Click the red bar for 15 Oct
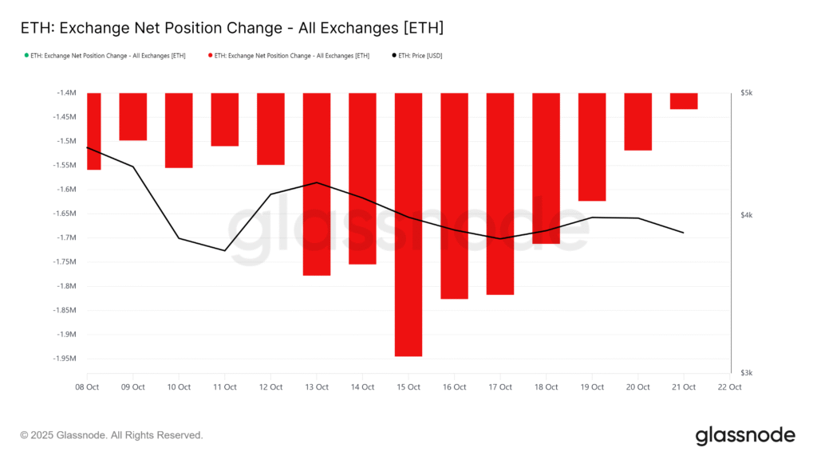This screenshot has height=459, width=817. tap(408, 224)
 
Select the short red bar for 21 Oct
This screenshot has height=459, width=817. tap(684, 101)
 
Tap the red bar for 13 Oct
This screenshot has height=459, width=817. tap(317, 184)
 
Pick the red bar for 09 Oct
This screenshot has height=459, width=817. tap(133, 116)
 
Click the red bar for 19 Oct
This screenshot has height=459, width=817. tap(592, 147)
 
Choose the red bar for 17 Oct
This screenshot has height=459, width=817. tap(500, 194)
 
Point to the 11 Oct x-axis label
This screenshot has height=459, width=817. tap(224, 387)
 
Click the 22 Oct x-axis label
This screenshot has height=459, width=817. tap(729, 387)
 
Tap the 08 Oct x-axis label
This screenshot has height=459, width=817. tap(87, 387)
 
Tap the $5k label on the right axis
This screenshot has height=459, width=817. tap(747, 93)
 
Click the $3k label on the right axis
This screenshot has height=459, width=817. tap(747, 373)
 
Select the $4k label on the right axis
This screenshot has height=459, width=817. tap(747, 215)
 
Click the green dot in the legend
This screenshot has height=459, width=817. tap(27, 56)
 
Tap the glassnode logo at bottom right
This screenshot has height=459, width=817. tap(744, 435)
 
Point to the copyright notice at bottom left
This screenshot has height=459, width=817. tap(112, 436)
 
